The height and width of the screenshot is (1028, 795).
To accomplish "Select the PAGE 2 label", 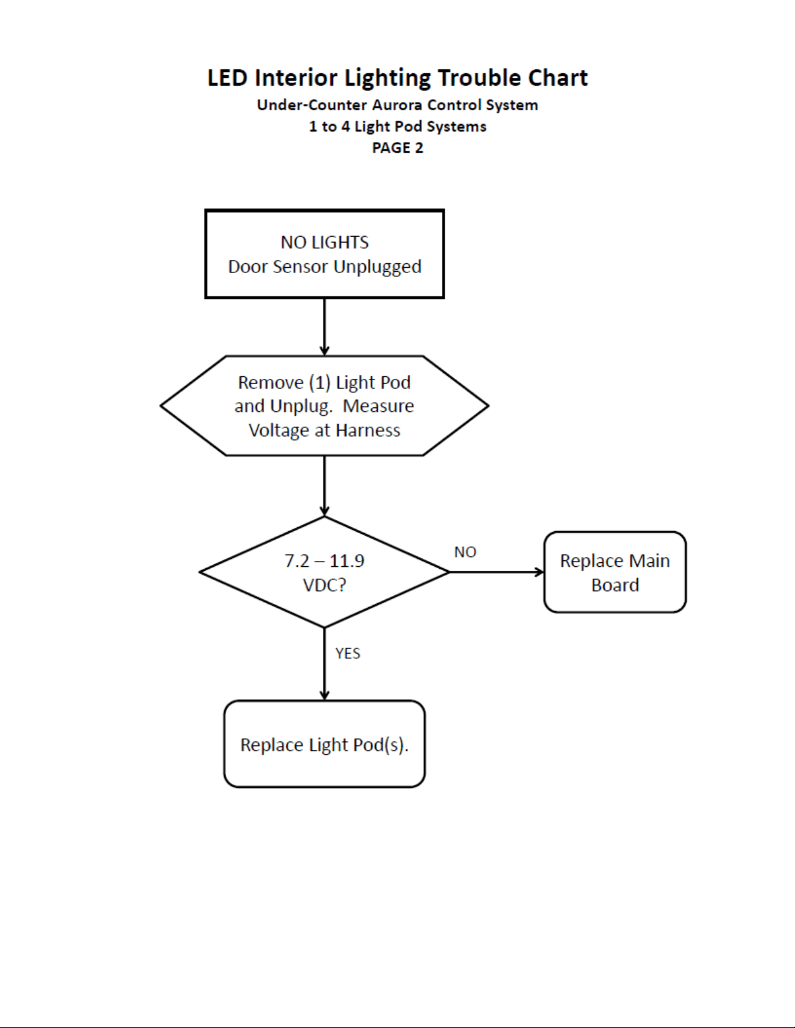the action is coord(397,148).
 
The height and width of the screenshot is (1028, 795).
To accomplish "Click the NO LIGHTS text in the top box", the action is coord(324,242).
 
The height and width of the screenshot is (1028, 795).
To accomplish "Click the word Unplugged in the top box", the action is coord(377,267).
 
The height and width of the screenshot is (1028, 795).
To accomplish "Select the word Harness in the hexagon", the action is coord(368,431).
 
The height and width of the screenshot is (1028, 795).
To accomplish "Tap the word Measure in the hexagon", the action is coord(378,407).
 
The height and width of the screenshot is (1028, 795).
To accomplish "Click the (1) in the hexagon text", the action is coord(320,383).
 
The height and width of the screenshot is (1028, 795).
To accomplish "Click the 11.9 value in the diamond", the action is coord(347,561).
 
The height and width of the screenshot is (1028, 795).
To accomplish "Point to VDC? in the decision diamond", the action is coord(324,585).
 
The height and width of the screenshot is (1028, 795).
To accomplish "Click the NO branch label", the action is coord(465,552).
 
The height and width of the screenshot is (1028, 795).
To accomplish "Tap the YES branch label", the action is coord(348,653).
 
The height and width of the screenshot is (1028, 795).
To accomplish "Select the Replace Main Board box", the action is coord(615,572).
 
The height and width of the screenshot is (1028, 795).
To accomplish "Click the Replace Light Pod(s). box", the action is coord(324,744).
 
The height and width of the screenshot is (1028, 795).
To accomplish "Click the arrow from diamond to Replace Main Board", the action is coord(496,572).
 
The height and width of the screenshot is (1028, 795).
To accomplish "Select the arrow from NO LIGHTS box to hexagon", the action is coord(324,327).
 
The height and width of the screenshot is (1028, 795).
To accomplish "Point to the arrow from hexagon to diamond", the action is coord(324,486).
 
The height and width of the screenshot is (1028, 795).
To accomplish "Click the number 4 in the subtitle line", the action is coord(345,126).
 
